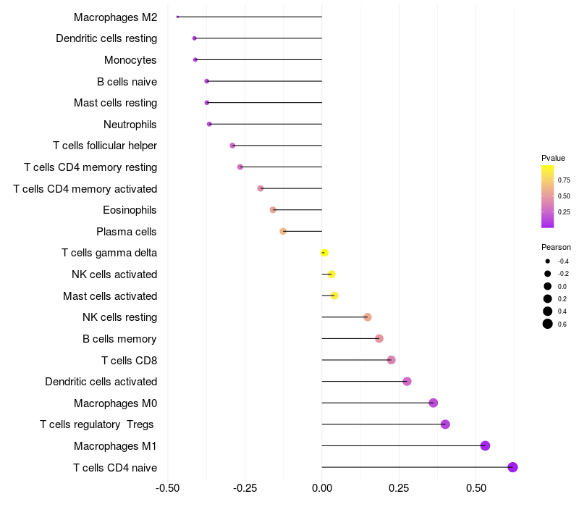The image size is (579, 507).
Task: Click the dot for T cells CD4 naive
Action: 512,467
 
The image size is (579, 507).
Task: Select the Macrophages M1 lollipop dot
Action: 485,445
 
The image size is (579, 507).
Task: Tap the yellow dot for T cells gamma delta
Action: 324,253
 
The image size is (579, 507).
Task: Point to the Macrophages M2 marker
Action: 177,17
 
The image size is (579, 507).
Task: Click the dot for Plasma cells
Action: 283,231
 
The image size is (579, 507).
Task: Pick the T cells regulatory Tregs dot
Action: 445,424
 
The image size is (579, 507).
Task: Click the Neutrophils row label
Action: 130,125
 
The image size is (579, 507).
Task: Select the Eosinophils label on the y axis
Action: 130,210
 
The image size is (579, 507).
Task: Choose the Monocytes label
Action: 130,60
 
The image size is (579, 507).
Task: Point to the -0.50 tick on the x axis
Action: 168,488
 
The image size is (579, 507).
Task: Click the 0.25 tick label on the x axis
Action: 399,488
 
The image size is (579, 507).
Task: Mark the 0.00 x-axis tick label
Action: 322,488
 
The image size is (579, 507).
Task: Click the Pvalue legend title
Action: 553,158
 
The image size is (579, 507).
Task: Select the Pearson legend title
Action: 556,247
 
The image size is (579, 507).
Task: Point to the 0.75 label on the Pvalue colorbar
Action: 564,180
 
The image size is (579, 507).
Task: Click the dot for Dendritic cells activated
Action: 407,382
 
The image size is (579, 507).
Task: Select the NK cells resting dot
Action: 367,317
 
